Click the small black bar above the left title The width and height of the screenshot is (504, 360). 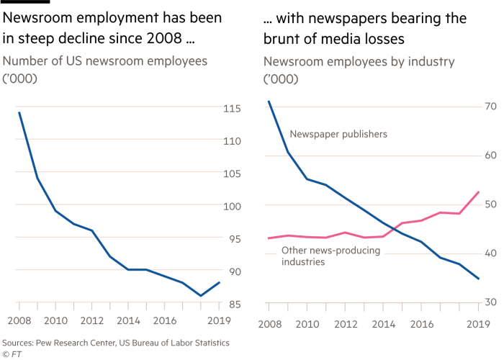[26, 2]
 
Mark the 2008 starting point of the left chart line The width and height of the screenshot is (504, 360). [19, 112]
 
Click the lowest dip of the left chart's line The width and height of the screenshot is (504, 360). [201, 295]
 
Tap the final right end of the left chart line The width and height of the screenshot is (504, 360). [220, 282]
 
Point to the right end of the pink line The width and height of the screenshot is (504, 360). [480, 192]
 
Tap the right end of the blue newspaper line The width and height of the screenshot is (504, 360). [480, 279]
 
